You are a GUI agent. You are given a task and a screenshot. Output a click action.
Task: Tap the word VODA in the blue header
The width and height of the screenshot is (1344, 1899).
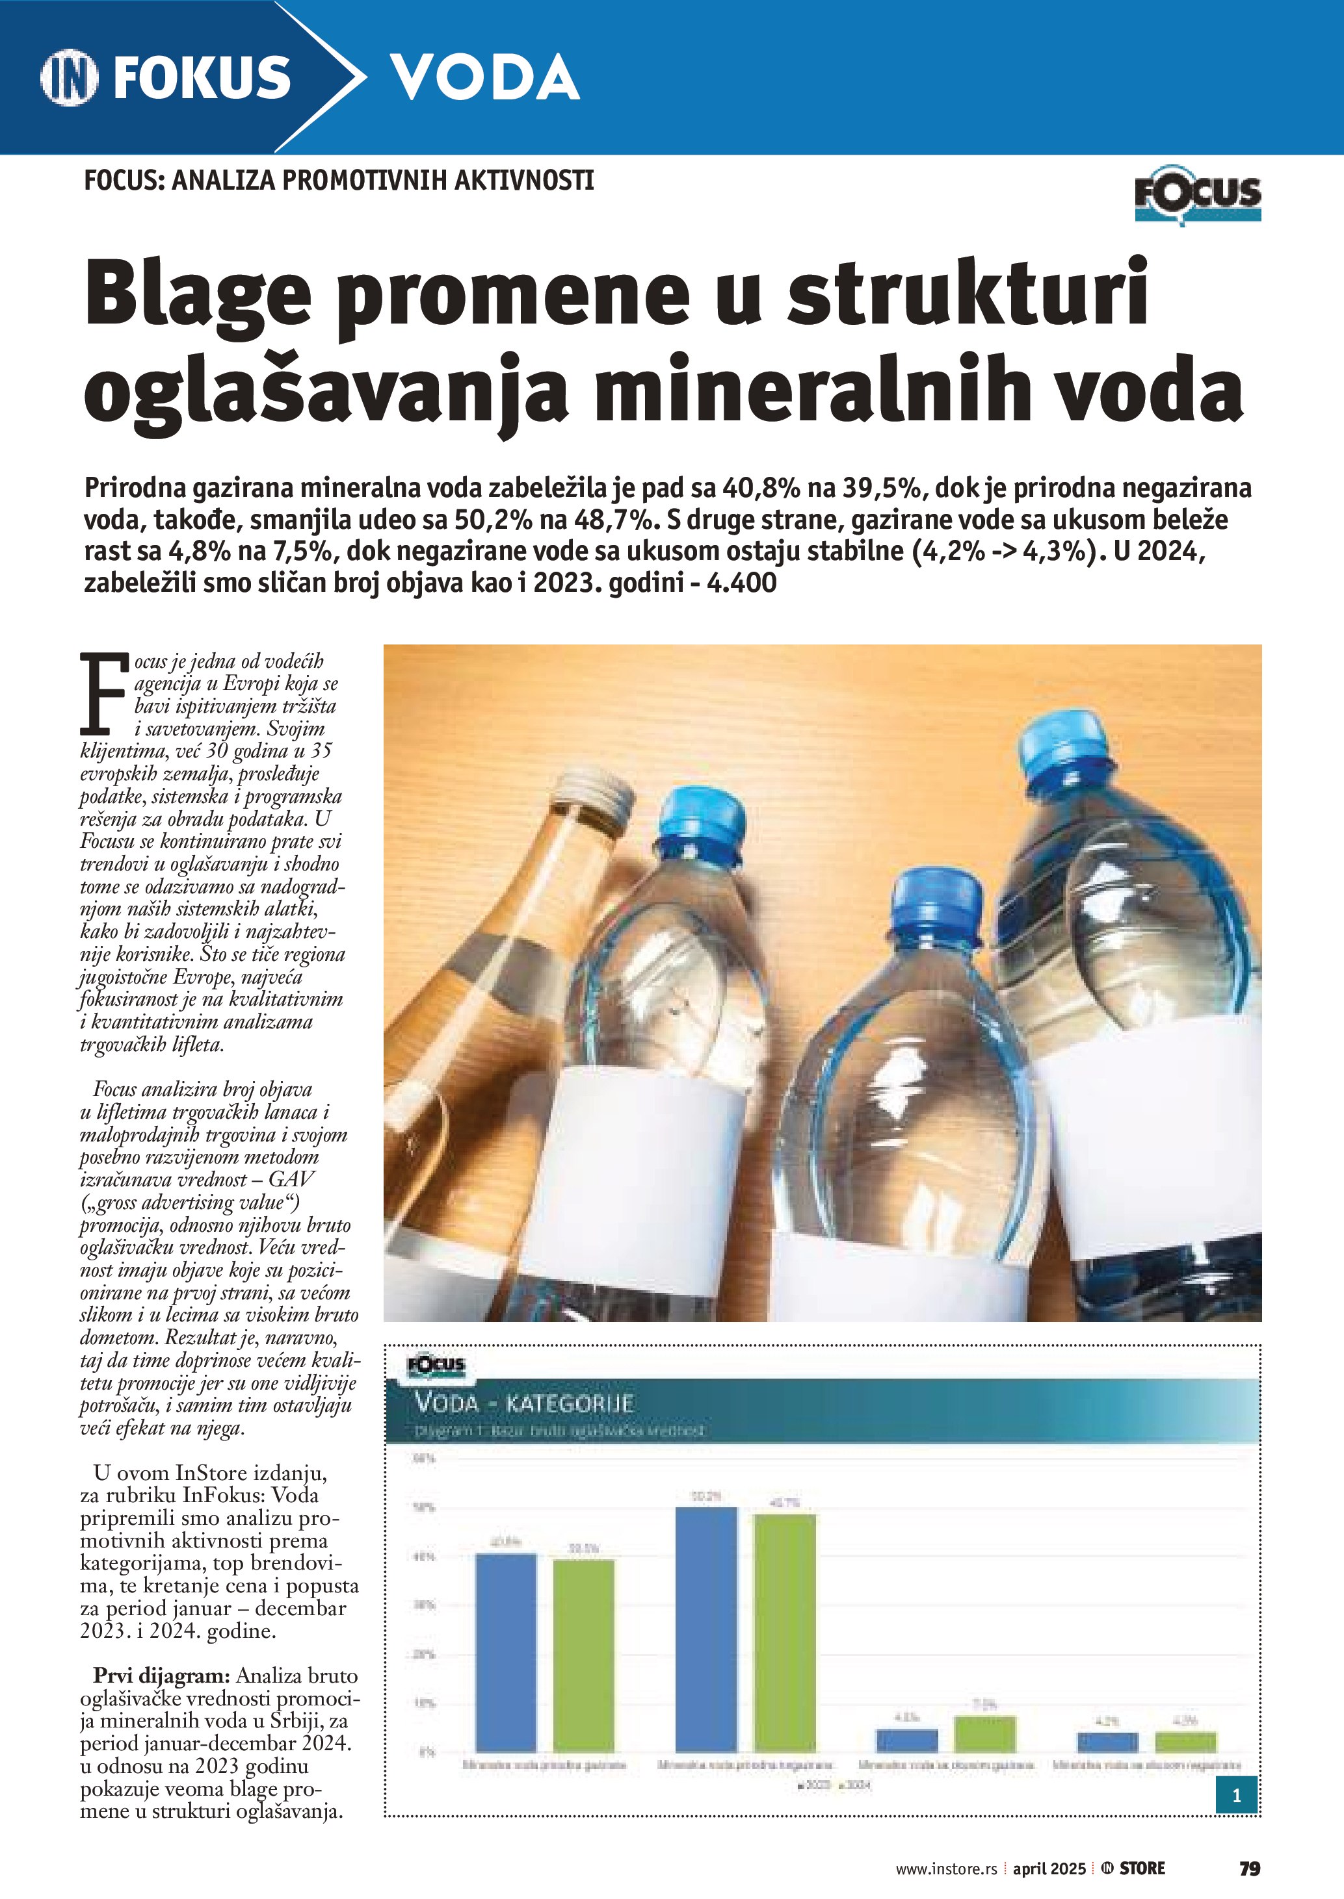[484, 78]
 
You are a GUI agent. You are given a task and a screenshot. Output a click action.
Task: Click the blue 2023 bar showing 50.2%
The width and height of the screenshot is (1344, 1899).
[706, 1629]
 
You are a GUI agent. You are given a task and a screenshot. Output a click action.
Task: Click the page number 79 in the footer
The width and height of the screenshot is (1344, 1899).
[1249, 1868]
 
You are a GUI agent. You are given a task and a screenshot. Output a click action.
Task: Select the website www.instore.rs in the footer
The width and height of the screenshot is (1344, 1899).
[946, 1869]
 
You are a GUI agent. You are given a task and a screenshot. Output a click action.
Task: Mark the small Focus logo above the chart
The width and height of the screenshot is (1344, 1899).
[436, 1366]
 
